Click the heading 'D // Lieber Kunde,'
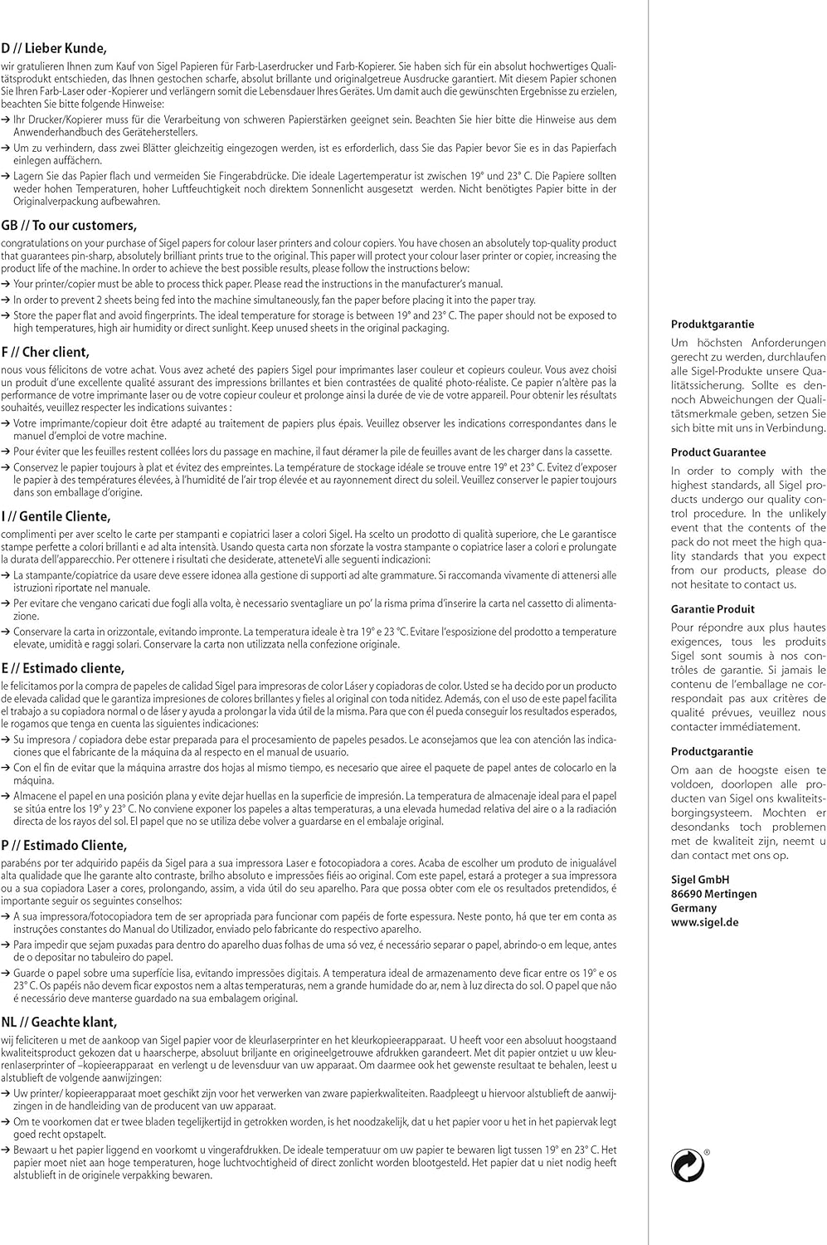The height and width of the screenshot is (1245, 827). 54,48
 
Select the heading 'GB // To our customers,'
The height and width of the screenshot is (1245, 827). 69,226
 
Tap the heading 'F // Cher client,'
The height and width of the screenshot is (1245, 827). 46,352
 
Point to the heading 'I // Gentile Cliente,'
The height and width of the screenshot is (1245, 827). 56,516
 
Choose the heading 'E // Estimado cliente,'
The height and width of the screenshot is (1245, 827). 63,668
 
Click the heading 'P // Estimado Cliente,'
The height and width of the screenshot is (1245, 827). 64,846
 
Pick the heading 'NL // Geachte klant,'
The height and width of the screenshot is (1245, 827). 59,1022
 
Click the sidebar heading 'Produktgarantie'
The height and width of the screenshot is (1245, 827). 713,325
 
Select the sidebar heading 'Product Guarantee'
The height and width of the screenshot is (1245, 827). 718,452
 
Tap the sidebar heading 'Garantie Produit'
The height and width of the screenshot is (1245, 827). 713,609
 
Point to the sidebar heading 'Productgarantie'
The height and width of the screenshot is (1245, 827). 713,751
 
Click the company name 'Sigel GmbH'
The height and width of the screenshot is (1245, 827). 700,879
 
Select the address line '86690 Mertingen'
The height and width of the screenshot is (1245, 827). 713,894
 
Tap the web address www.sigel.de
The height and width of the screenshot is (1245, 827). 704,922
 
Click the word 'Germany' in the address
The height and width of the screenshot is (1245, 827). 693,908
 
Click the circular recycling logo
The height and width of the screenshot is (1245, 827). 688,1167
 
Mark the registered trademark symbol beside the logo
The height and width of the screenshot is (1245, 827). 707,1152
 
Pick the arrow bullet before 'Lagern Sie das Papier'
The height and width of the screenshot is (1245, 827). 7,177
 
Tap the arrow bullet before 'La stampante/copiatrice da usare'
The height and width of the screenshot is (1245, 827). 7,575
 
